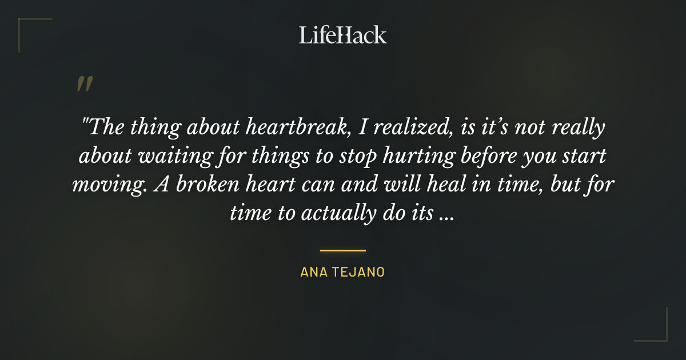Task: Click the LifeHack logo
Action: tap(343, 35)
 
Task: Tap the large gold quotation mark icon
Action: tap(85, 84)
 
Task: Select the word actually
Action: tap(330, 214)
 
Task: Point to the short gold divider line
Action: tap(343, 250)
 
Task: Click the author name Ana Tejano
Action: tap(343, 272)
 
